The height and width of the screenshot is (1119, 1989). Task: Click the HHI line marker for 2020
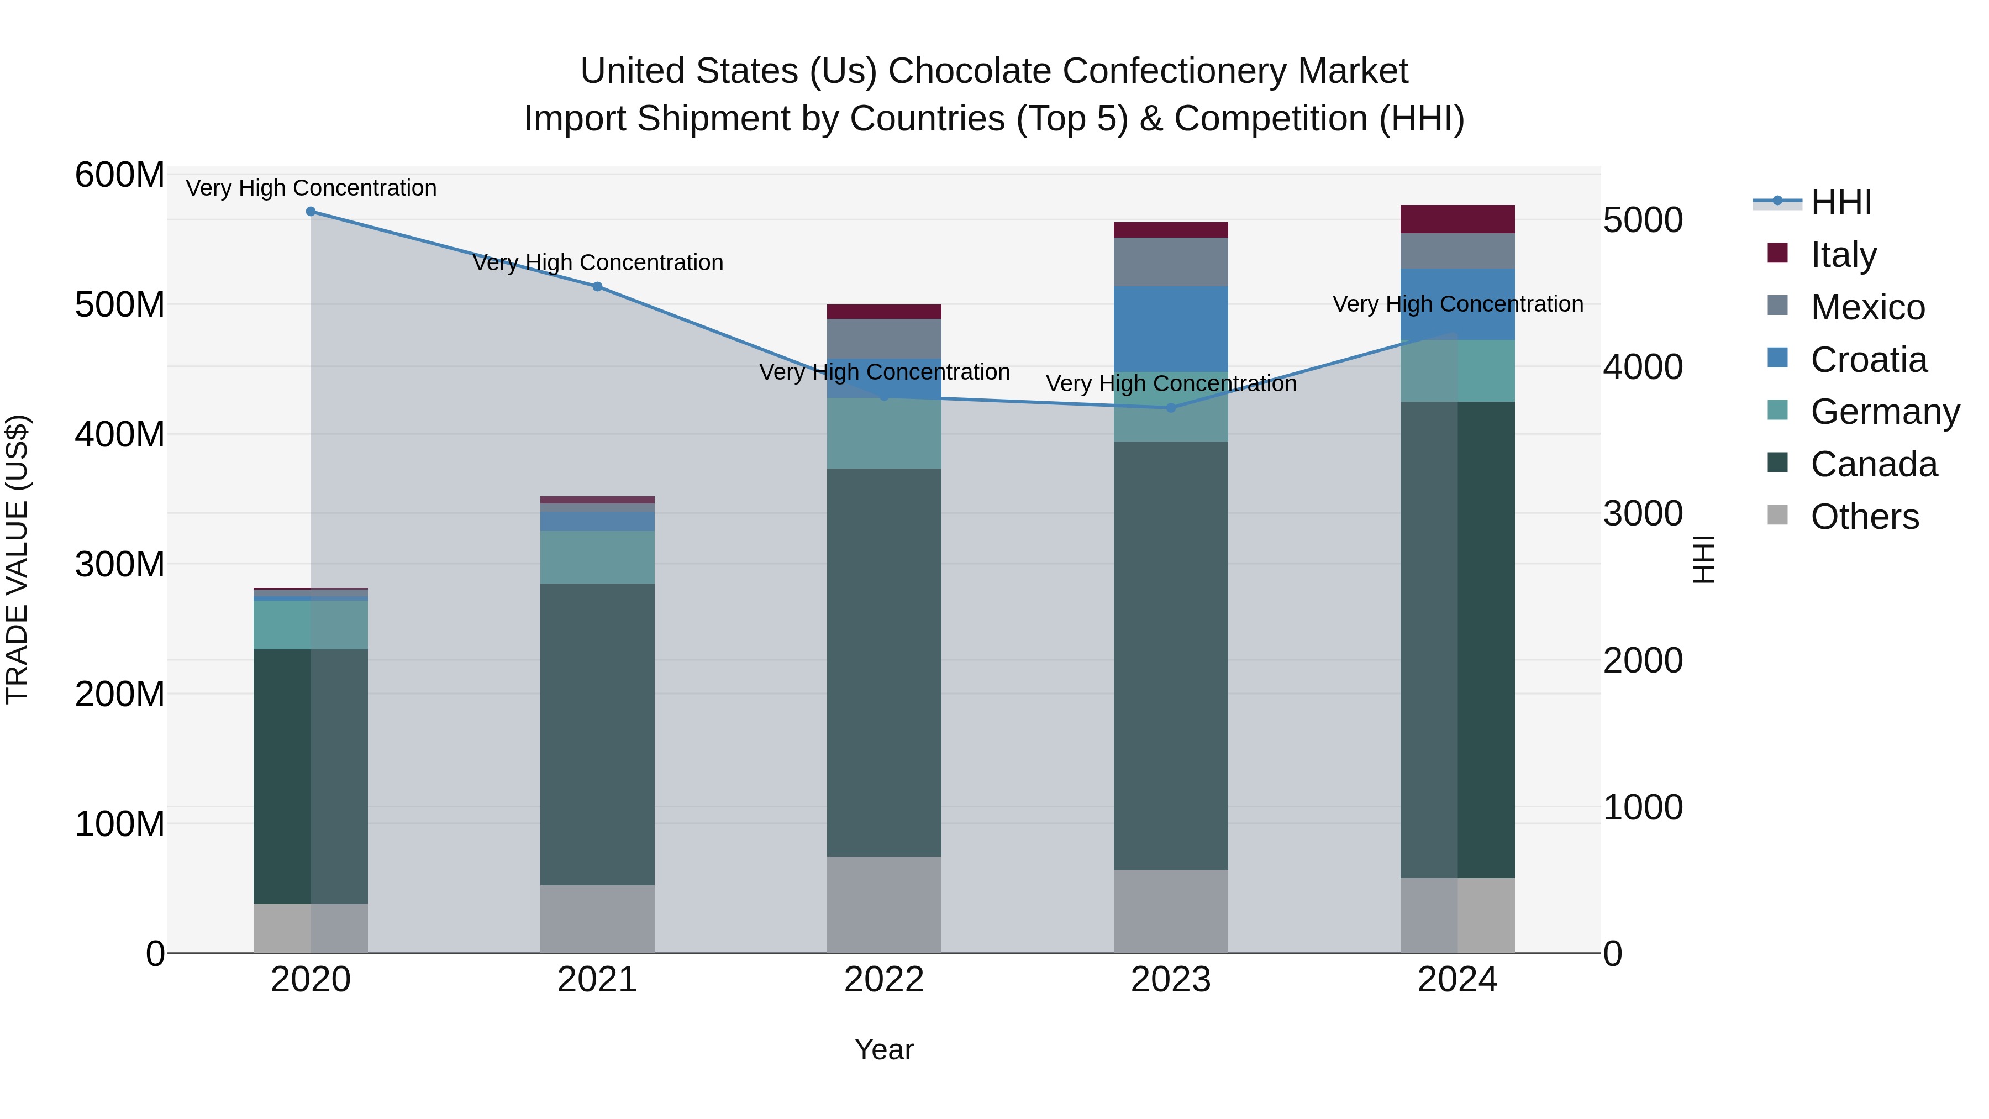pyautogui.click(x=311, y=211)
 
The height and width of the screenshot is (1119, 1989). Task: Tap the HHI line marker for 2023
pyautogui.click(x=1171, y=408)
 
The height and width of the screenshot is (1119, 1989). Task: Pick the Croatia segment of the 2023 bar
pyautogui.click(x=1171, y=329)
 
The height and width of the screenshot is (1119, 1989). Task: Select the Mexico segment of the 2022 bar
pyautogui.click(x=884, y=338)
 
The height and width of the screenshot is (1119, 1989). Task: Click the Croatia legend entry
pyautogui.click(x=1869, y=360)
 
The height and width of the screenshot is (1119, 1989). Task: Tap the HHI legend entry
pyautogui.click(x=1841, y=202)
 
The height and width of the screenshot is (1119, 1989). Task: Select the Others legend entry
pyautogui.click(x=1864, y=517)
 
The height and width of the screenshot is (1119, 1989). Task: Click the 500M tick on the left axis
pyautogui.click(x=120, y=304)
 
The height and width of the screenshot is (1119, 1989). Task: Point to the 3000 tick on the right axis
pyautogui.click(x=1643, y=513)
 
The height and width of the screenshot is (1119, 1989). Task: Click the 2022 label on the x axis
pyautogui.click(x=884, y=980)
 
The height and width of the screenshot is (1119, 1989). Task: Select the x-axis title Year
pyautogui.click(x=884, y=1049)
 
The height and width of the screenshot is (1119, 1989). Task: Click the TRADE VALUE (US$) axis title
pyautogui.click(x=17, y=559)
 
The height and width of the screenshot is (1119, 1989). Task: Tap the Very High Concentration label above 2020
pyautogui.click(x=311, y=188)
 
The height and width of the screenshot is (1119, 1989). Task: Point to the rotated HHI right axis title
pyautogui.click(x=1703, y=559)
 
